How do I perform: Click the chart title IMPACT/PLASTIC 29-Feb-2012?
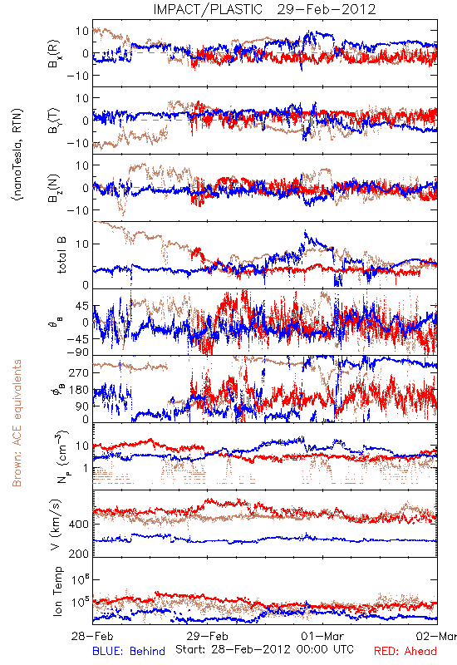coord(264,9)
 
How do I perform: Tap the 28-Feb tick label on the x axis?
coord(92,636)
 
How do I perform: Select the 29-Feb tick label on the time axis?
coord(207,636)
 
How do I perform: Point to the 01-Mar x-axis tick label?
coord(322,636)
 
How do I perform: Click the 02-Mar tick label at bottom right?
coord(437,636)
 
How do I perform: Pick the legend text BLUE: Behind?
coord(129,651)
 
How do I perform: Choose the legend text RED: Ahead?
coord(405,651)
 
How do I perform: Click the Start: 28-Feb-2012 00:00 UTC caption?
coord(264,649)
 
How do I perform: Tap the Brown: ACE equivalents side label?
coord(17,423)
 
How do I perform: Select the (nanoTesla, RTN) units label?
coord(17,155)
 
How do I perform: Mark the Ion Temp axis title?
coord(57,590)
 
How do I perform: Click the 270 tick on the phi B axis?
coord(80,373)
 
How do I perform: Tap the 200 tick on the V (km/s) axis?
coord(80,554)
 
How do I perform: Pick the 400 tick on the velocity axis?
coord(80,525)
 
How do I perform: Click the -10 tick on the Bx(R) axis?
coord(77,76)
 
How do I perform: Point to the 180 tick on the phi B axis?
coord(80,390)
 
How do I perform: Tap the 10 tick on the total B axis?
coord(83,244)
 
